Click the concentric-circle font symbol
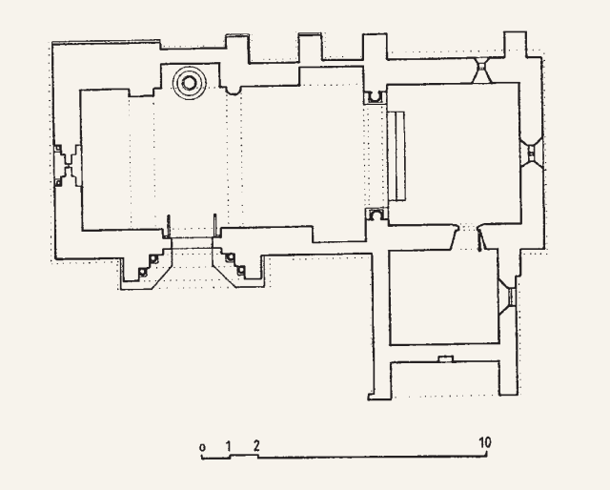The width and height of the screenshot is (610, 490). pos(190,83)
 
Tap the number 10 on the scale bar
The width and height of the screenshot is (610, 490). pos(485,442)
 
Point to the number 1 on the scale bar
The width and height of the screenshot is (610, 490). pos(229,446)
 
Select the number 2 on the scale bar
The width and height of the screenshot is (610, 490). pos(256,445)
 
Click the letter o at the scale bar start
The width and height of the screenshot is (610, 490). pos(202,447)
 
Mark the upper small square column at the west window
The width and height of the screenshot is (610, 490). pos(58,149)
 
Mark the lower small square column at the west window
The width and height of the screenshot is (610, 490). pos(58,182)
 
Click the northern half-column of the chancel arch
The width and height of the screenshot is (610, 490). pos(375,97)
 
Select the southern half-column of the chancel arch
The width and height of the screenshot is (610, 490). pos(376,214)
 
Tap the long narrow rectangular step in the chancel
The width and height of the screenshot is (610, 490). pos(396,156)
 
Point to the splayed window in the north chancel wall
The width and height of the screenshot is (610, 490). pos(482,70)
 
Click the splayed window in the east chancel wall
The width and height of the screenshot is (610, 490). pos(531,152)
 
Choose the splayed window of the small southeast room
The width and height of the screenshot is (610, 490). pos(508,296)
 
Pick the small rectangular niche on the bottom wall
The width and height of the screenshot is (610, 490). pos(446,358)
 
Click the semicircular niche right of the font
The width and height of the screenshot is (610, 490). pos(234,91)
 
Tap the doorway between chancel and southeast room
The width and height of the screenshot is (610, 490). pos(468,236)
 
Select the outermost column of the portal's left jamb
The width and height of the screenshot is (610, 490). pos(143,272)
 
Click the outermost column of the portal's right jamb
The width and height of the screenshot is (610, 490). pos(241,270)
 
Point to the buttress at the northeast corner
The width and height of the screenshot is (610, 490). pos(516,45)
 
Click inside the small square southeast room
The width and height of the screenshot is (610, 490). pos(444,297)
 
